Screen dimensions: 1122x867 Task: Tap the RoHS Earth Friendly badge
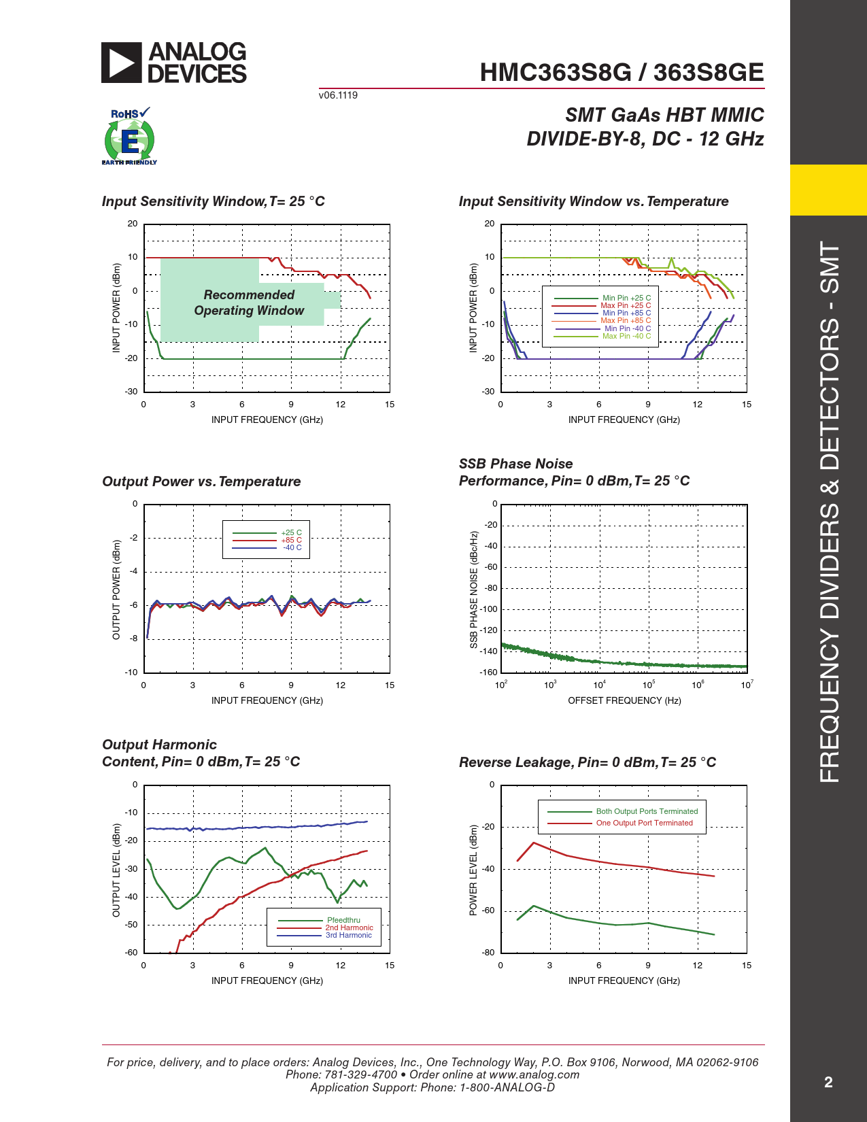click(x=129, y=137)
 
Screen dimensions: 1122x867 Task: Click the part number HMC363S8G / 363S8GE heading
click(x=622, y=73)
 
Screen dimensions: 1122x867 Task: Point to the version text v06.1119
click(x=338, y=95)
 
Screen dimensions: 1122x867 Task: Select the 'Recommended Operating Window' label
click(x=249, y=303)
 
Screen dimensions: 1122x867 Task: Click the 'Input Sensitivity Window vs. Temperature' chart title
click(x=593, y=201)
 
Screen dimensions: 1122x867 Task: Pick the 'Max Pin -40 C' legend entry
click(x=626, y=336)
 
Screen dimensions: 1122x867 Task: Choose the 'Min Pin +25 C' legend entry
click(x=626, y=298)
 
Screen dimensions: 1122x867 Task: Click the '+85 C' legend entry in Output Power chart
click(x=291, y=540)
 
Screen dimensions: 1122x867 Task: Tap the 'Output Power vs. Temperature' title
click(x=201, y=481)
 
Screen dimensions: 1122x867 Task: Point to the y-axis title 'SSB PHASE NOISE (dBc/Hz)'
click(x=474, y=590)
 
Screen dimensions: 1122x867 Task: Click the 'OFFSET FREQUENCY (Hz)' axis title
click(x=624, y=700)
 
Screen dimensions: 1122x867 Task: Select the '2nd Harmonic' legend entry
click(x=349, y=928)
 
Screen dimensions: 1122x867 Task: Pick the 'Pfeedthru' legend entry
click(x=343, y=920)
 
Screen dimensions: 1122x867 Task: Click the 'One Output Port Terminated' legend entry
click(x=644, y=823)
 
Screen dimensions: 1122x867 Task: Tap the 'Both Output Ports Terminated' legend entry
click(x=647, y=811)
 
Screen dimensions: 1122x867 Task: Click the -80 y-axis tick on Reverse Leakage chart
click(x=488, y=952)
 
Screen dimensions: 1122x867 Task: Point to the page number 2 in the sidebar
click(x=828, y=1083)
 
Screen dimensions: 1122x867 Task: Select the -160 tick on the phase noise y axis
click(x=488, y=672)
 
